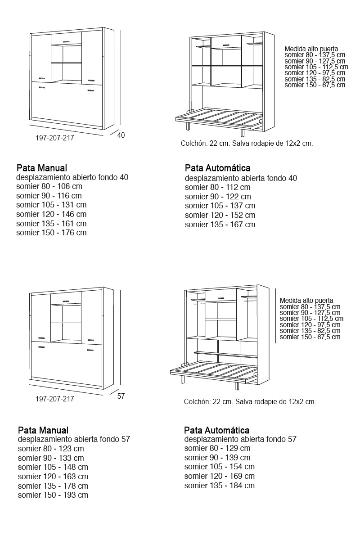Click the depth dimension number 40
point(121,135)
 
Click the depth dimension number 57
point(121,396)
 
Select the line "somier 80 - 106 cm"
point(49,186)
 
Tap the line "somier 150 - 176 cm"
point(51,233)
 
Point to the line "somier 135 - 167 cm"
point(220,225)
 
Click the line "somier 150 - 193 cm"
point(53,495)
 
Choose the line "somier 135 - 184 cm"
point(220,486)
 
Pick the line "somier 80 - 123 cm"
point(51,449)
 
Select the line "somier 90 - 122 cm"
point(218,197)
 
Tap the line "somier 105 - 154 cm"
point(220,467)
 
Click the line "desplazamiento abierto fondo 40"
point(72,177)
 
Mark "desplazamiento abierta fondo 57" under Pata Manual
point(74,439)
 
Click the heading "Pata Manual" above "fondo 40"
point(42,168)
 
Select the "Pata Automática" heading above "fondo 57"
point(217,430)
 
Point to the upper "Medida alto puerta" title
point(311,49)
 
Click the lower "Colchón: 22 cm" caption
point(250,402)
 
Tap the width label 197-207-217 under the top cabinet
point(54,138)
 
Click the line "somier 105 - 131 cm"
point(51,205)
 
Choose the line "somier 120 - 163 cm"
point(53,476)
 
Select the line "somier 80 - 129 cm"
point(217,448)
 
